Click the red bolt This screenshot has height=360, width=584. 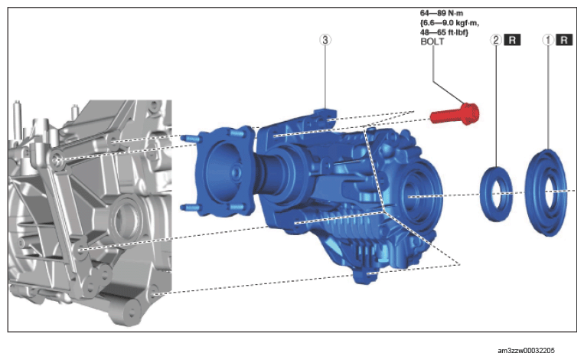pyautogui.click(x=455, y=113)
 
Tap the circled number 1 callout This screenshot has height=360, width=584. pyautogui.click(x=547, y=40)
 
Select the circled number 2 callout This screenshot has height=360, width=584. pyautogui.click(x=496, y=40)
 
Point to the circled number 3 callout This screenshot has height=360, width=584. pyautogui.click(x=325, y=40)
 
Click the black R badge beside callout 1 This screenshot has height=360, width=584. pyautogui.click(x=564, y=40)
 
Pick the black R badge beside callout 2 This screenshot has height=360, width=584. pyautogui.click(x=512, y=40)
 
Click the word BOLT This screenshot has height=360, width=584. pyautogui.click(x=432, y=41)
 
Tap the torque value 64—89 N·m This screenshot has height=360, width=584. pyautogui.click(x=442, y=14)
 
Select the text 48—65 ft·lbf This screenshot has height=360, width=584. pyautogui.click(x=444, y=32)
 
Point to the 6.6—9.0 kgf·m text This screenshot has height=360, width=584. pyautogui.click(x=449, y=23)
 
